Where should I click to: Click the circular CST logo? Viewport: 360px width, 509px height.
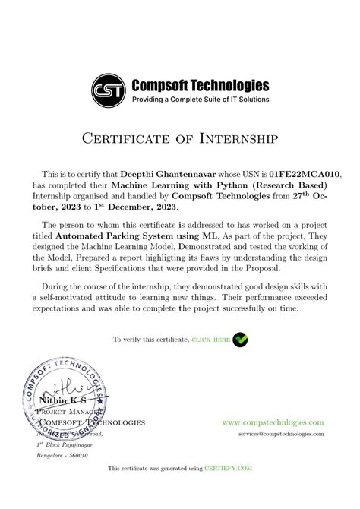pyautogui.click(x=110, y=91)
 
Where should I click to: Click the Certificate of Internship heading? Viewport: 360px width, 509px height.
pyautogui.click(x=180, y=138)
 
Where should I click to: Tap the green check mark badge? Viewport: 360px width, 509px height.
pyautogui.click(x=240, y=339)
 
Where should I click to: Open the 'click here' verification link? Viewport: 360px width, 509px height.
pyautogui.click(x=210, y=340)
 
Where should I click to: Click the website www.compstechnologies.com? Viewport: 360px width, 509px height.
pyautogui.click(x=273, y=422)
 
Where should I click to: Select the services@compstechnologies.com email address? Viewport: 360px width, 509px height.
pyautogui.click(x=281, y=433)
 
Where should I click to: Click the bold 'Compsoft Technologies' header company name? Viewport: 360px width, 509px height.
pyautogui.click(x=201, y=84)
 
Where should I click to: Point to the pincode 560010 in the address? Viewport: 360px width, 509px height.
pyautogui.click(x=77, y=456)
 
